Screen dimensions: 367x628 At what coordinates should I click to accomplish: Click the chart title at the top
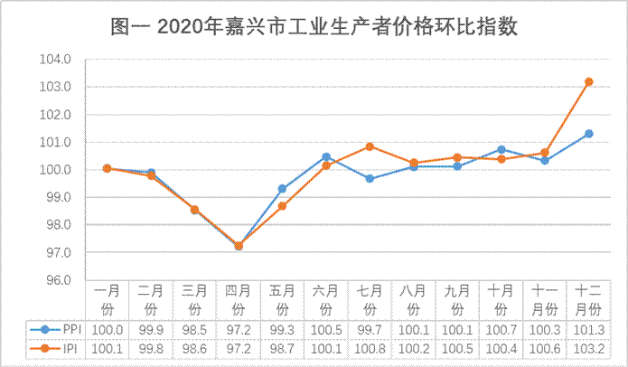pos(314,26)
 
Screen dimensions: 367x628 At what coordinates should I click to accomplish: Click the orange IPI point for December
pos(588,81)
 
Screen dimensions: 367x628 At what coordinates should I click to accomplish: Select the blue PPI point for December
pos(588,134)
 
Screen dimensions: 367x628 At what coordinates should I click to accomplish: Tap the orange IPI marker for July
pos(370,146)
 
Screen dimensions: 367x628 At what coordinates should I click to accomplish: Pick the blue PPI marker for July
pos(370,178)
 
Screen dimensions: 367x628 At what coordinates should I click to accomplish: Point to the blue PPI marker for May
pos(282,189)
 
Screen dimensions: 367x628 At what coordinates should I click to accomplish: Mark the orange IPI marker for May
pos(282,206)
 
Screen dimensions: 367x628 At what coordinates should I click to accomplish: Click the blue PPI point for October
pos(501,149)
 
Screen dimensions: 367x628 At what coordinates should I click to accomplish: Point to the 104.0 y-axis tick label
pos(56,60)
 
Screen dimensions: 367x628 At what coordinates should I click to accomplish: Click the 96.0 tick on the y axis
pos(56,279)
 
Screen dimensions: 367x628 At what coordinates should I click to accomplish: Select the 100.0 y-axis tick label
pos(56,170)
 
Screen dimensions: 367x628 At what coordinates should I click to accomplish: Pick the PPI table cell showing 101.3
pos(588,330)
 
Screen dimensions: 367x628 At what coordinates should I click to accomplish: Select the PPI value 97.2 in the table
pos(239,330)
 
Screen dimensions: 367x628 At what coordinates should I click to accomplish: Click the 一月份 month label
pos(107,298)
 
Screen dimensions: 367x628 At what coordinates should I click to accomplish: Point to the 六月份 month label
pos(326,298)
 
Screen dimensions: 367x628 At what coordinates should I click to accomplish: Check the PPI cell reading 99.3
pos(282,330)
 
